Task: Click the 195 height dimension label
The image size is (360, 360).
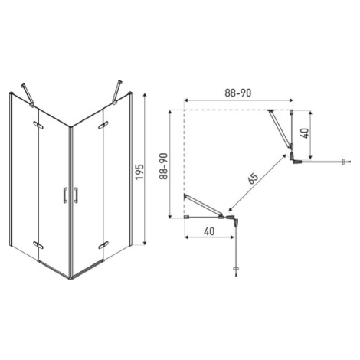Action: (139, 172)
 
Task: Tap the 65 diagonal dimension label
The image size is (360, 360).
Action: (253, 178)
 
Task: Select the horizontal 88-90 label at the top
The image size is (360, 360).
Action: (238, 93)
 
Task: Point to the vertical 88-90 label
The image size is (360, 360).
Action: (163, 166)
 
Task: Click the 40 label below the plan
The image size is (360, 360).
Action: (209, 231)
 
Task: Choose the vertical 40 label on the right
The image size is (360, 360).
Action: (305, 133)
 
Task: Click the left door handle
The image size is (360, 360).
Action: (65, 195)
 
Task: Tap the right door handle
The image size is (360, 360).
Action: (76, 195)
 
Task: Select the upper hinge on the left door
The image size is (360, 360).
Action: (38, 125)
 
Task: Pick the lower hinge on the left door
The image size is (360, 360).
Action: (38, 244)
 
